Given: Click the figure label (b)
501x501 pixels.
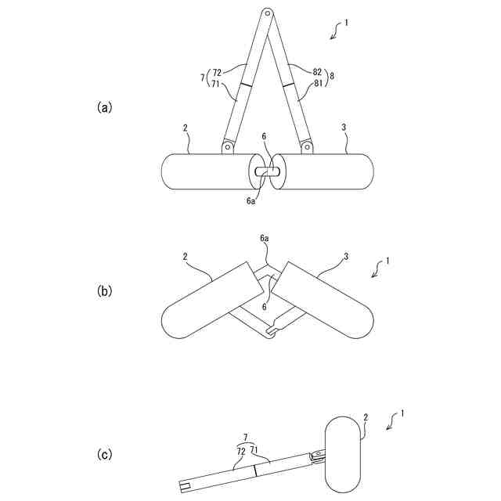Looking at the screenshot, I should [104, 290].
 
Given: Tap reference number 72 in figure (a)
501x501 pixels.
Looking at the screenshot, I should [217, 73].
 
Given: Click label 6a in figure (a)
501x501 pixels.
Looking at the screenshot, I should [252, 201].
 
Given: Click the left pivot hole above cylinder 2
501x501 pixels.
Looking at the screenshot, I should [228, 146].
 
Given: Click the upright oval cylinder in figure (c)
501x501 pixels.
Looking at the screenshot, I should [344, 454].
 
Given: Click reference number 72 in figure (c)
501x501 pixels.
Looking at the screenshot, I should [240, 452].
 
